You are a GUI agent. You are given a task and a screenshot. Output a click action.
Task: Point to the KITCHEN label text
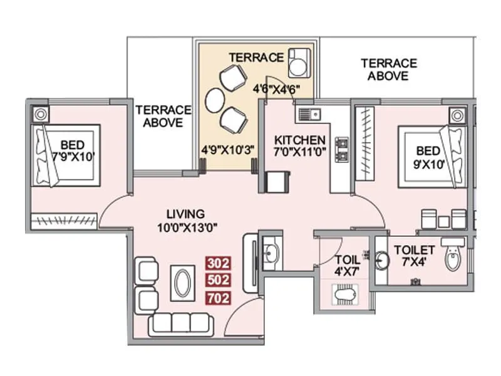(x=300, y=140)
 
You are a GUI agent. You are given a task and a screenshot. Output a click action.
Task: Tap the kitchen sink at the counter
(x=308, y=114)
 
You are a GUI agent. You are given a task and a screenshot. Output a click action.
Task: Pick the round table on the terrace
(x=215, y=98)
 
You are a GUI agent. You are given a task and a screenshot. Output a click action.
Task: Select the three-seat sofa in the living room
(x=180, y=324)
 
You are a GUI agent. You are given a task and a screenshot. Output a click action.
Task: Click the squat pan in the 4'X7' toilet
(x=345, y=293)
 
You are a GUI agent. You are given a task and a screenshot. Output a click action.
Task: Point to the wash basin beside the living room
(x=271, y=253)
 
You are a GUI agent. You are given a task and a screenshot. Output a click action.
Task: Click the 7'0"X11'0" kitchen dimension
(x=300, y=152)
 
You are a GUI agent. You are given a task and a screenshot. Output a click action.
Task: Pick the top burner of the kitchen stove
(x=342, y=141)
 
